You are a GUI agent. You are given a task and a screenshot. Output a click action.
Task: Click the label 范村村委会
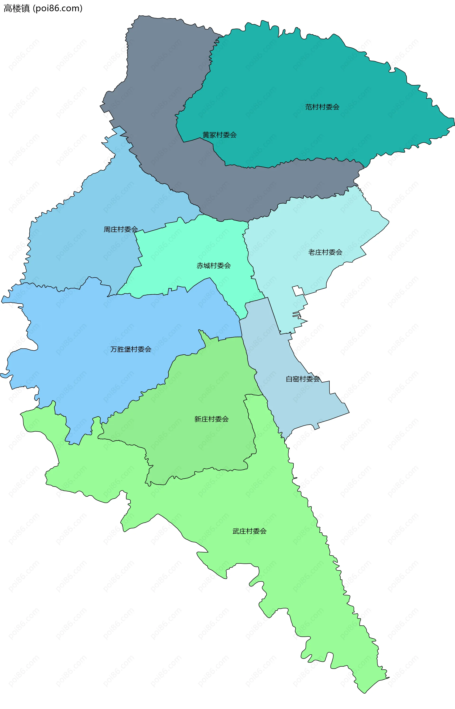tap(322, 107)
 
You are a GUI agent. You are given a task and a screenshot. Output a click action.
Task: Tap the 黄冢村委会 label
tap(219, 135)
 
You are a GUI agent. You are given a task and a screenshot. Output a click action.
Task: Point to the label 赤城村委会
tap(214, 266)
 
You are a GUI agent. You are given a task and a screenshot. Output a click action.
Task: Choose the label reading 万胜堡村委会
tap(131, 349)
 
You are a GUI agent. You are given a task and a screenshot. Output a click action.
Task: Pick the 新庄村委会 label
tap(211, 419)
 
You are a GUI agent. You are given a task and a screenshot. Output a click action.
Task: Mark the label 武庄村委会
tap(249, 531)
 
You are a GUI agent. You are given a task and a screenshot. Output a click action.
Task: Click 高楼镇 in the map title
tap(17, 8)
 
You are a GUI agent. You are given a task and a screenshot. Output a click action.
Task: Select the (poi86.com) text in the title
tap(58, 8)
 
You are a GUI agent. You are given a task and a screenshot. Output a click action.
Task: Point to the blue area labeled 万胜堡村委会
tap(89, 325)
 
